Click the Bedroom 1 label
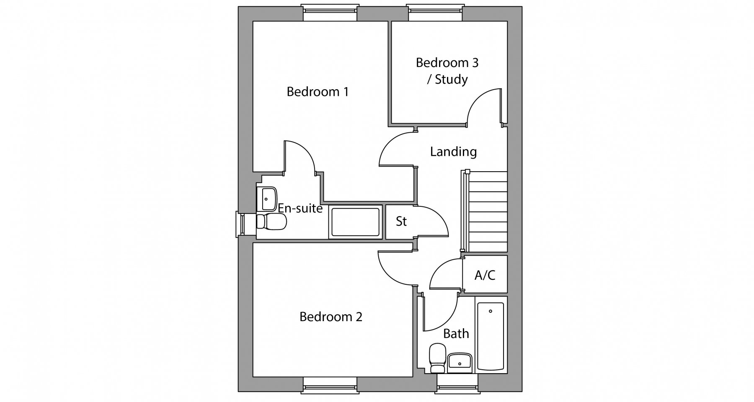pos(318,92)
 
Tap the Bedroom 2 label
pos(331,317)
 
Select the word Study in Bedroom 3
pos(451,80)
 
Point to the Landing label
pos(453,152)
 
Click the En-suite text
pos(300,208)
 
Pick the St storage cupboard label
pos(401,221)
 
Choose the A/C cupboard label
pos(485,275)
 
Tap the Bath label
pos(456,334)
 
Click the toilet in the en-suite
pos(271,222)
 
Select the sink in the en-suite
pos(267,199)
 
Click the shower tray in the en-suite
pos(356,222)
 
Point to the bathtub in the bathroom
pos(491,336)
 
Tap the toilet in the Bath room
pos(438,358)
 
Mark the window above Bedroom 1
pos(330,13)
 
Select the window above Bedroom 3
pos(435,13)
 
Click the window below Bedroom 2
pos(330,385)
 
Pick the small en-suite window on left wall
pos(242,224)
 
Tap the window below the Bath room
pos(457,382)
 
